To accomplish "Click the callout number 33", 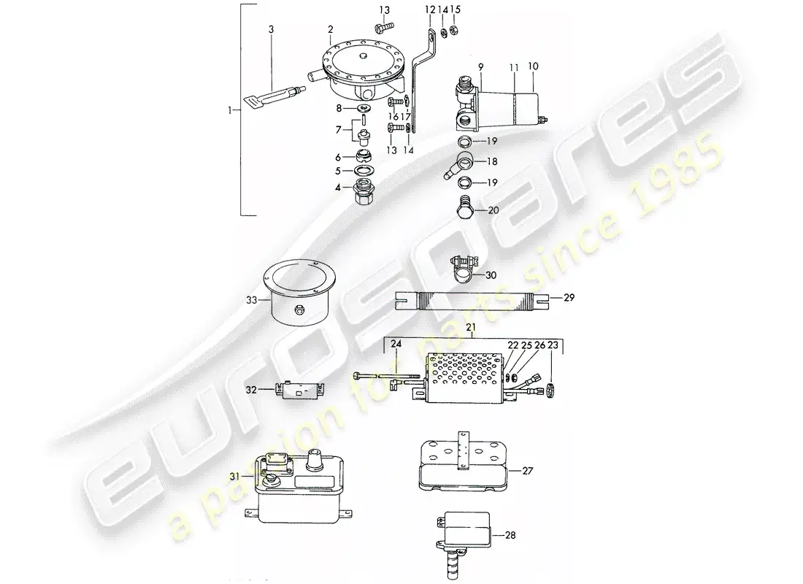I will coord(250,299).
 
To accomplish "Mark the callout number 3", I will coord(272,29).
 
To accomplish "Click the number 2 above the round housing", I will coord(330,29).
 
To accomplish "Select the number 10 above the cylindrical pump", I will coord(533,66).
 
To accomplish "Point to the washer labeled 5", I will coord(361,172).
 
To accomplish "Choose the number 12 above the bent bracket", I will coord(429,9).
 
